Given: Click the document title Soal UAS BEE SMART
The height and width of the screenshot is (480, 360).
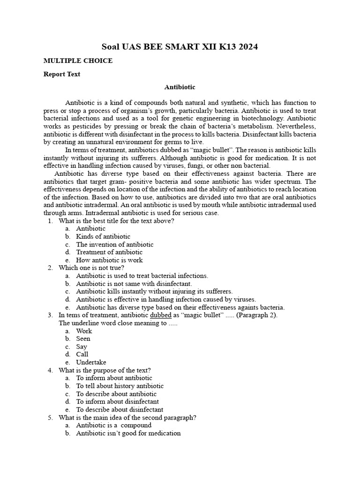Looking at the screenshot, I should (180, 47).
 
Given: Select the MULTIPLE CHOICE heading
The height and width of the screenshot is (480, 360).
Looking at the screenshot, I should (78, 61).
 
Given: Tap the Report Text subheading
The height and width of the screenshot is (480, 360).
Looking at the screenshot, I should (62, 74).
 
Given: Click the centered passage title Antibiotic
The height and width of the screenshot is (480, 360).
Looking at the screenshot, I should (180, 87).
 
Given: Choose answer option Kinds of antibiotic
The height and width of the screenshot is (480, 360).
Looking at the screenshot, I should (103, 236).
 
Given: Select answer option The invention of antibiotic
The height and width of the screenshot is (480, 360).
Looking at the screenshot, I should (114, 244).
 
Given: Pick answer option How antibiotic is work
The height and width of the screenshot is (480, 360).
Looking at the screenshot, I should (109, 260).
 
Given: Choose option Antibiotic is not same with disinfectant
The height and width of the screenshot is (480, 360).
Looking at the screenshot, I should (134, 284).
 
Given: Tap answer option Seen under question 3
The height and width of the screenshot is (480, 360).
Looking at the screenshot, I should (83, 338).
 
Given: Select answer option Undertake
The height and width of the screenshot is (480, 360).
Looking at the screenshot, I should (91, 362).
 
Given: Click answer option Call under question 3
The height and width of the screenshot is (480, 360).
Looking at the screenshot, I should (82, 354).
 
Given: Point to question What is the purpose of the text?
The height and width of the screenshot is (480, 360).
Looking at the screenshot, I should (105, 370).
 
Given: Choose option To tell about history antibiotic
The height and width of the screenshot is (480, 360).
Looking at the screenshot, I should (120, 386).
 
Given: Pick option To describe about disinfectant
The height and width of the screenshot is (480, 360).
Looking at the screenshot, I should (120, 409).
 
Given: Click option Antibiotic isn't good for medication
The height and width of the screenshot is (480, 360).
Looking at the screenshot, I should (128, 433).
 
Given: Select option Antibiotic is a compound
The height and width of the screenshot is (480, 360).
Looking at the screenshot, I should (114, 425).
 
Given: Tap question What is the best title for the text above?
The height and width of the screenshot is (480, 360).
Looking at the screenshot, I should (116, 221).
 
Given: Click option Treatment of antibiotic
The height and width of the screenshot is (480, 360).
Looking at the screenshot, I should (109, 252).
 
